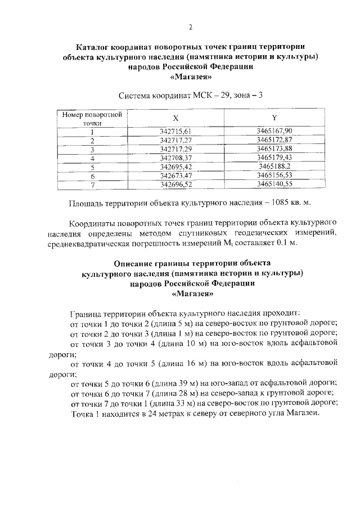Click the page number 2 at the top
191,26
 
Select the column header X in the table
176,118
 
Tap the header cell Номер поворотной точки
91,118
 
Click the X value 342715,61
176,131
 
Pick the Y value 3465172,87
274,139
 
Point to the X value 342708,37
176,157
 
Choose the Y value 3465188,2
274,166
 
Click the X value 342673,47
176,175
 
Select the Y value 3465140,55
274,184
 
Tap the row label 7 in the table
91,184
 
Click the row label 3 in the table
91,148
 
